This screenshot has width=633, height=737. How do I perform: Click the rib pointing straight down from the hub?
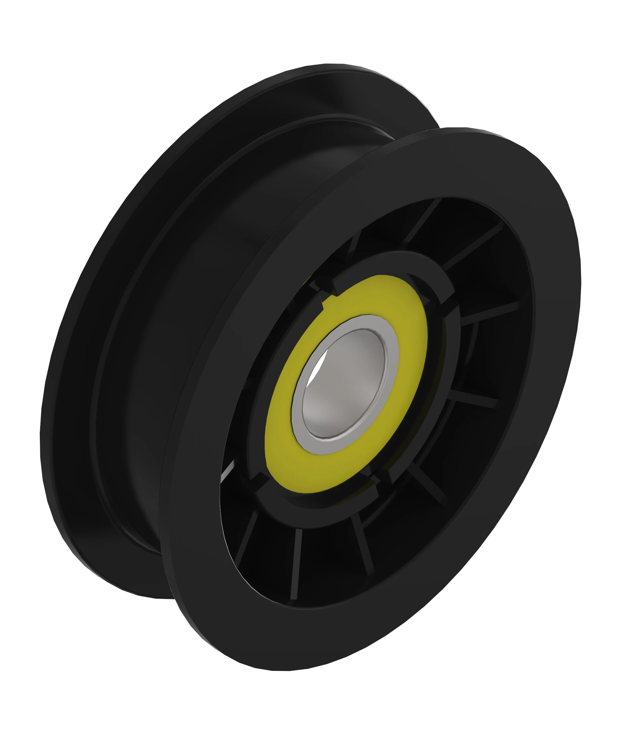[x=296, y=561]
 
